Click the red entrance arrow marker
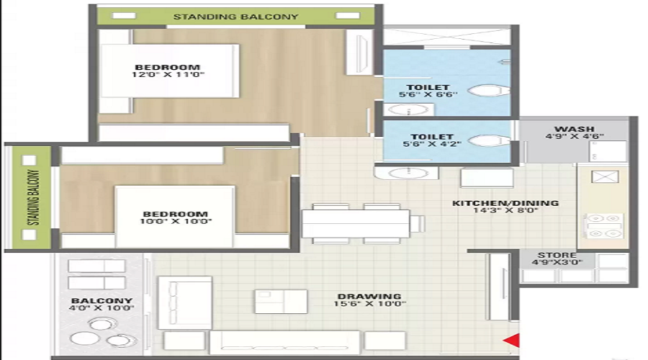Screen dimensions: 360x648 coord(512,341)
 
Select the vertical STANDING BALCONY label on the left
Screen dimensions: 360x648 coord(32,198)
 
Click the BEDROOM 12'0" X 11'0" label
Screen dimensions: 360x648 coord(167,71)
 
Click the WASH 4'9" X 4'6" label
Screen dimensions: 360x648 coord(574,132)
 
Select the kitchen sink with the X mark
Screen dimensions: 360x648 coord(601,177)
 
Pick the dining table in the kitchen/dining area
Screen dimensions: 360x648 coord(356,222)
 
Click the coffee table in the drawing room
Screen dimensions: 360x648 coord(281,301)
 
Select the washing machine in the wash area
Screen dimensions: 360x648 coord(603,150)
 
